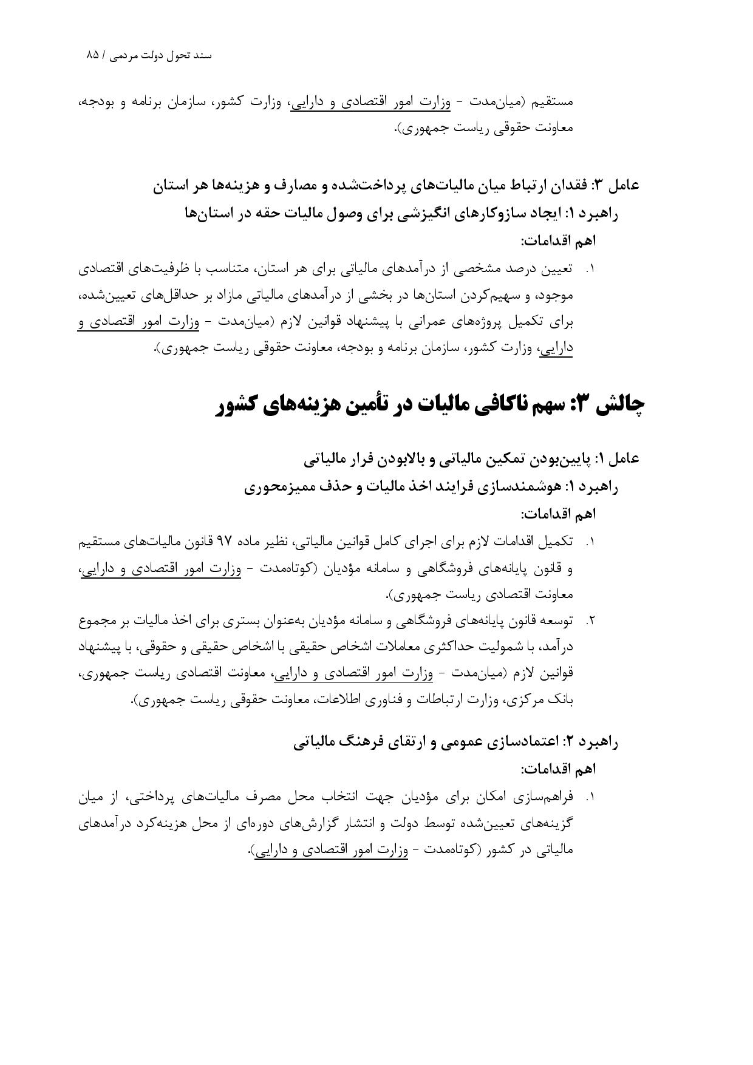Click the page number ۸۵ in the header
tap(92, 55)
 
